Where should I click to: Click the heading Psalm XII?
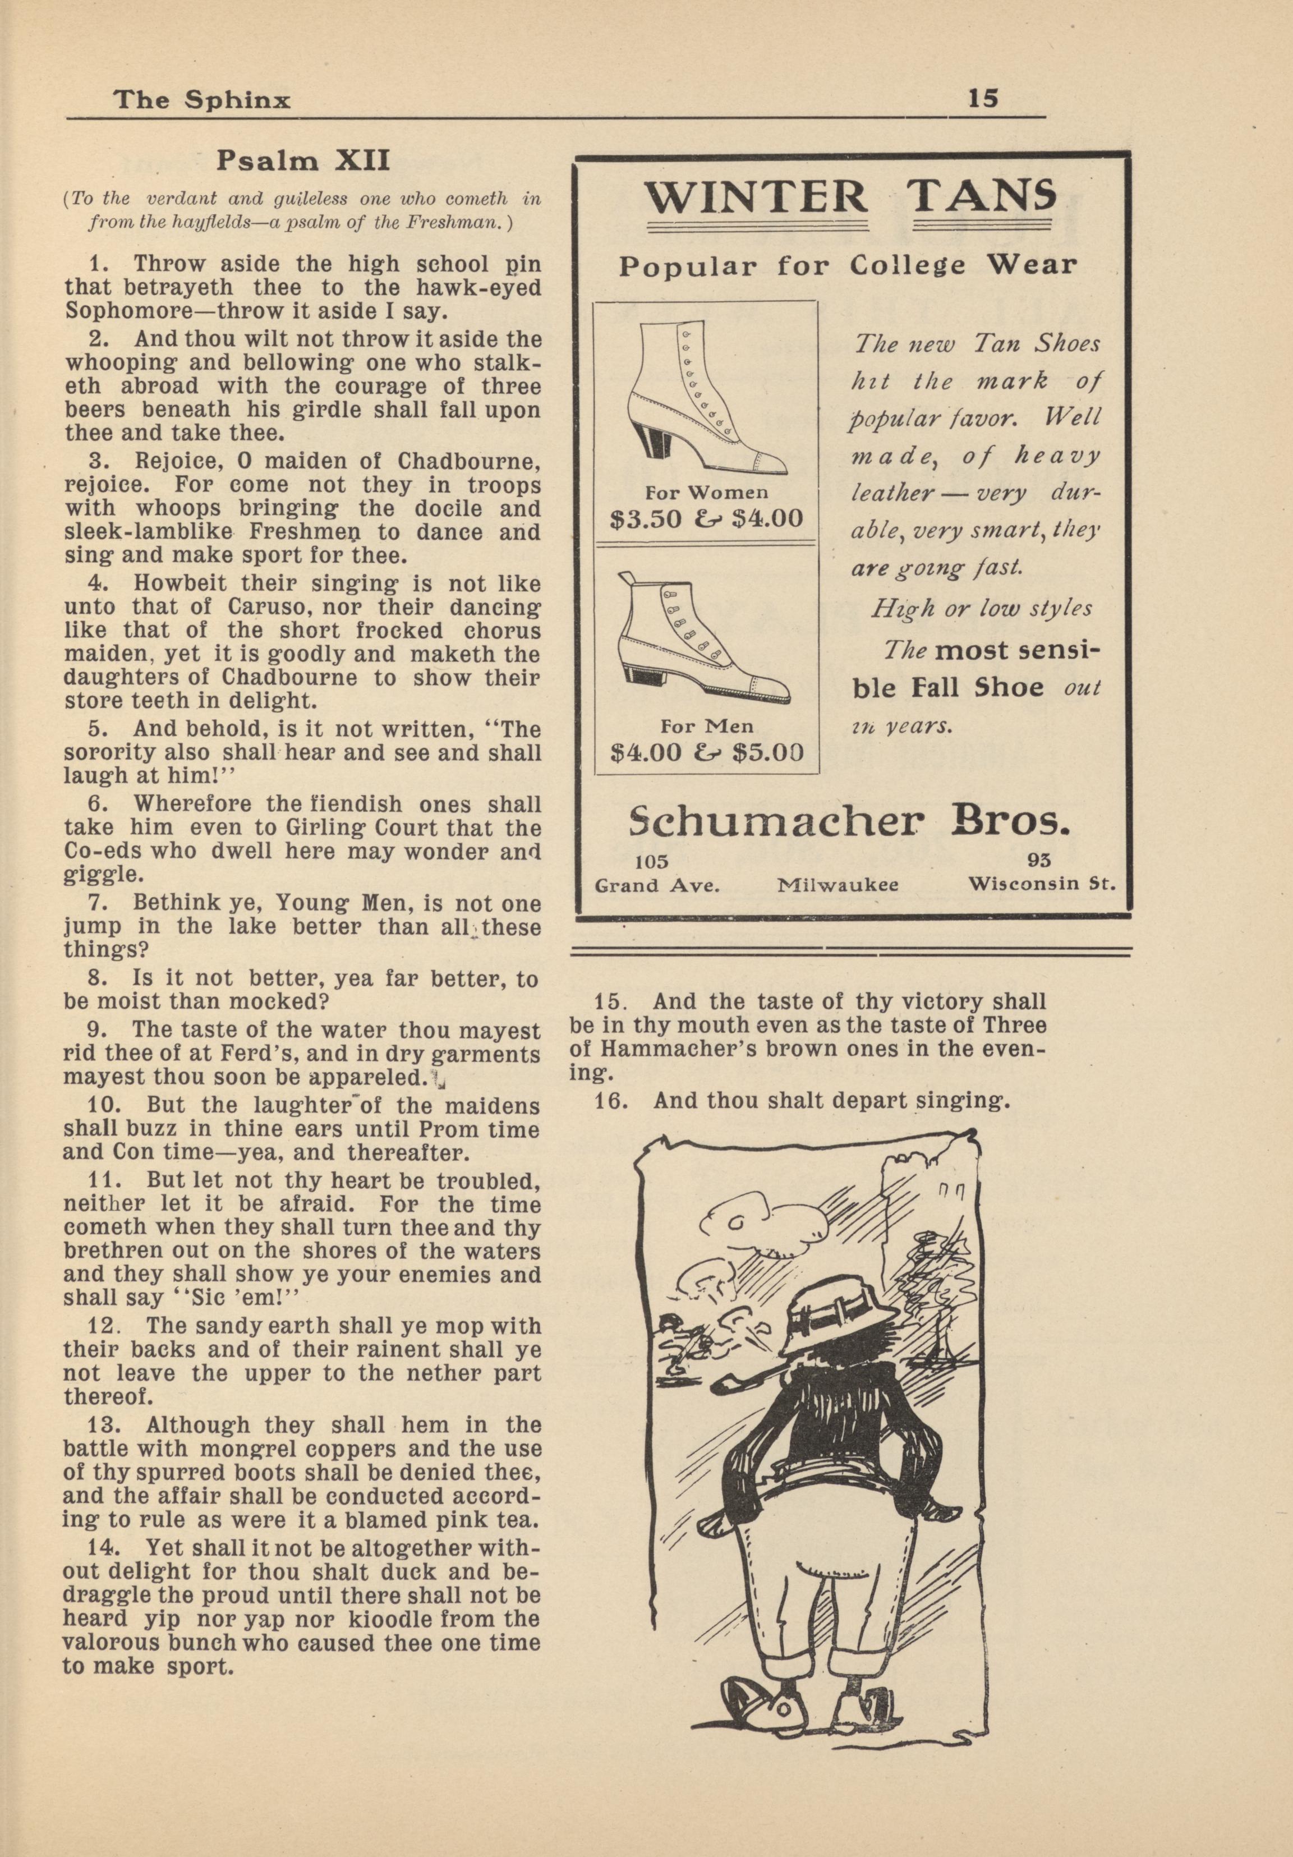click(303, 161)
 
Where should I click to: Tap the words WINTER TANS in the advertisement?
click(849, 196)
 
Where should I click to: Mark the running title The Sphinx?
click(202, 99)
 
